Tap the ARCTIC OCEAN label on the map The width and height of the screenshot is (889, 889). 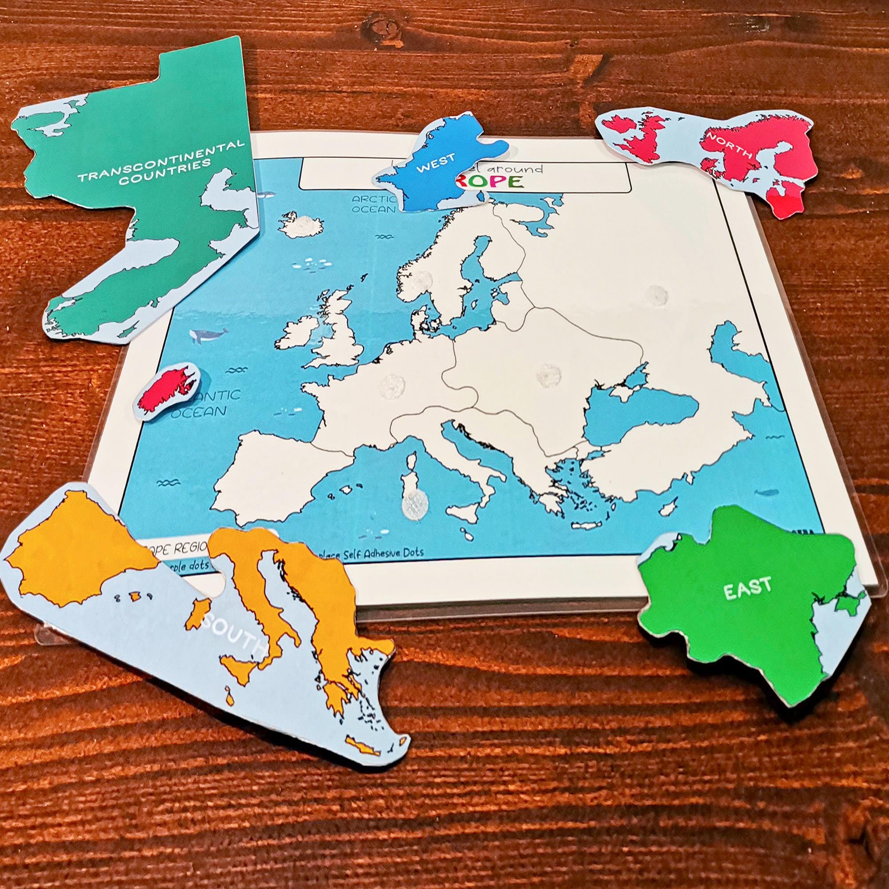pos(374,204)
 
